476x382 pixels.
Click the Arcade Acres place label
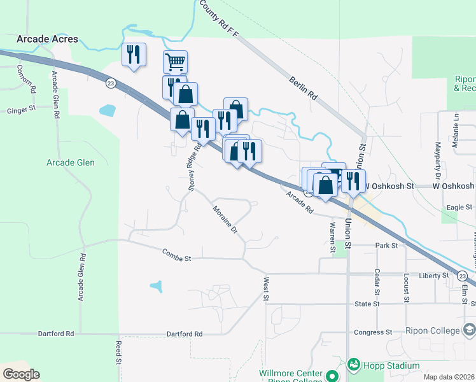(48, 39)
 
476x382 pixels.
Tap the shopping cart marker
(175, 62)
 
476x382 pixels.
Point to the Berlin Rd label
(303, 88)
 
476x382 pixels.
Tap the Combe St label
(177, 258)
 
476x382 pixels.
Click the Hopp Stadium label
(391, 365)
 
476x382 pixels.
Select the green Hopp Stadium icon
(354, 365)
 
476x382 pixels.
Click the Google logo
(21, 374)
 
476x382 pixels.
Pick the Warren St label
(332, 237)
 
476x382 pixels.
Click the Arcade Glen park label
(71, 162)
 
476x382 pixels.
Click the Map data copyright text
(449, 377)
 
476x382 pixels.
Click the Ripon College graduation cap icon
(470, 330)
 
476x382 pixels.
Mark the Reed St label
(118, 351)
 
